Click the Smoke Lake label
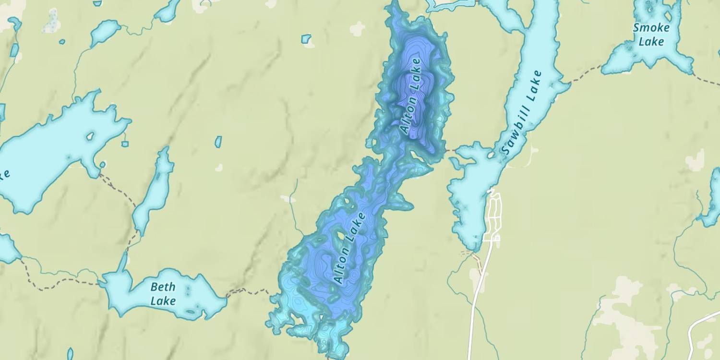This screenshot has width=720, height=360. [x=651, y=34]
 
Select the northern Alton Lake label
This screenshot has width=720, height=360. [x=410, y=96]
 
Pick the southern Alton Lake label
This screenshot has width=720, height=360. [x=349, y=248]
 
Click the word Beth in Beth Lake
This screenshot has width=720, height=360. [x=163, y=288]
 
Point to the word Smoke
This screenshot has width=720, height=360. [x=651, y=27]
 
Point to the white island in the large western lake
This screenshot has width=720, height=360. [x=90, y=137]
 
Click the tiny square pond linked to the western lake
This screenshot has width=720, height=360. [x=125, y=143]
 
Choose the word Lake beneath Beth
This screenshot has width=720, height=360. [x=163, y=301]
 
